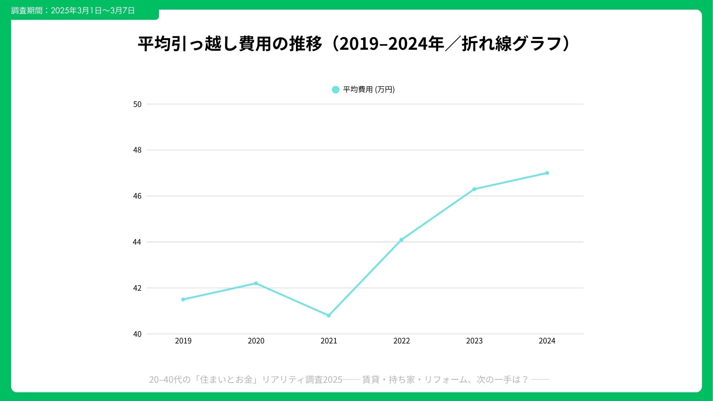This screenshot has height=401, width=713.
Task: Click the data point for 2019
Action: click(183, 299)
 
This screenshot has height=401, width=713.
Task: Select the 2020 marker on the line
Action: click(256, 283)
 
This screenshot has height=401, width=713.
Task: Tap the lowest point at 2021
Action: click(329, 316)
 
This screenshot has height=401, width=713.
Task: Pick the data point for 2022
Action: click(401, 240)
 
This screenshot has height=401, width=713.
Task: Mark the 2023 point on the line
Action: click(474, 189)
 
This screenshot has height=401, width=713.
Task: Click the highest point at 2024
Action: click(547, 173)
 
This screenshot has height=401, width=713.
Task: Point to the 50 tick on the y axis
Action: click(137, 104)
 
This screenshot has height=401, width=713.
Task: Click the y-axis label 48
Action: click(137, 150)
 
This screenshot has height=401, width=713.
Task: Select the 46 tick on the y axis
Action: click(137, 196)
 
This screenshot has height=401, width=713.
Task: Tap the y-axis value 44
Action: click(137, 242)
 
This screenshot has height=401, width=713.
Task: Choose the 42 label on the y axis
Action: click(137, 288)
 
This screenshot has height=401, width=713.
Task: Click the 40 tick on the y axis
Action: click(137, 334)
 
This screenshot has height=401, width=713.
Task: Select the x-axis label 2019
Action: click(183, 341)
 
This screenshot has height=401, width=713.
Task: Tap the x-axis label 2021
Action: click(329, 341)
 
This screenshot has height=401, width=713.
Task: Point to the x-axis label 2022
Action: click(401, 341)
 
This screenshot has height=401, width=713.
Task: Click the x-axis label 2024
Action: click(547, 341)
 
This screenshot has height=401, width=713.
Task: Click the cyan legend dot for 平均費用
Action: click(336, 89)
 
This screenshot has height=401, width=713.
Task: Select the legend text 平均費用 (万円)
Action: click(369, 89)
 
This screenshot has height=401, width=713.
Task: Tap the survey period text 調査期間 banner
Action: click(73, 10)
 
